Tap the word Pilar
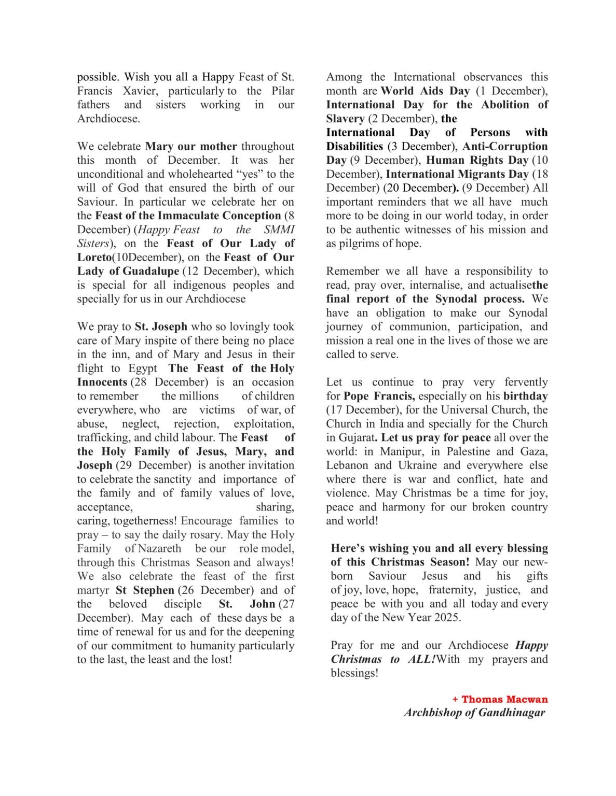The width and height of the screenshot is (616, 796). pos(281,91)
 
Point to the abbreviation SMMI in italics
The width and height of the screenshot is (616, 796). pos(280,230)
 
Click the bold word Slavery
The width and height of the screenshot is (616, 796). pos(345,119)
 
